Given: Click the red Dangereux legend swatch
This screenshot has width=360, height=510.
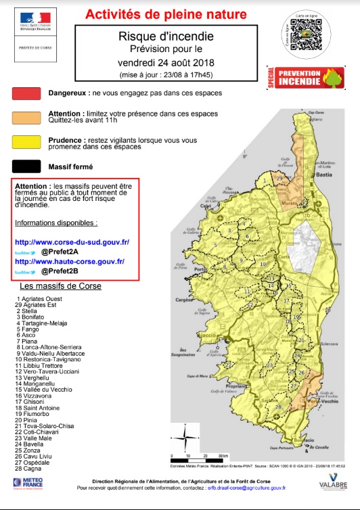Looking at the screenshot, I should tap(28, 93).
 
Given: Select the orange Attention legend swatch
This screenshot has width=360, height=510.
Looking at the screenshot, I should tap(28, 118).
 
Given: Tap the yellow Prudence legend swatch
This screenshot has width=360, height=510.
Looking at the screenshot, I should tap(28, 141).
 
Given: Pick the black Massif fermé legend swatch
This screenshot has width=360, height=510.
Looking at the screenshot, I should tap(28, 165).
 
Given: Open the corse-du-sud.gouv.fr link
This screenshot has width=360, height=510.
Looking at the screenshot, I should tap(72, 242).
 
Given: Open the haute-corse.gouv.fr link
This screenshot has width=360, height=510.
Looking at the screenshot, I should tap(72, 261).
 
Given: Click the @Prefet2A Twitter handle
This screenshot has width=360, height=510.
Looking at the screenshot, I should tap(60, 252).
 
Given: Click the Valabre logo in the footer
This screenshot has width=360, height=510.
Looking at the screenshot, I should tap(328, 482).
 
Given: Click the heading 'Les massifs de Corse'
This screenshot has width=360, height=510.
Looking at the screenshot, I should tap(60, 286).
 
